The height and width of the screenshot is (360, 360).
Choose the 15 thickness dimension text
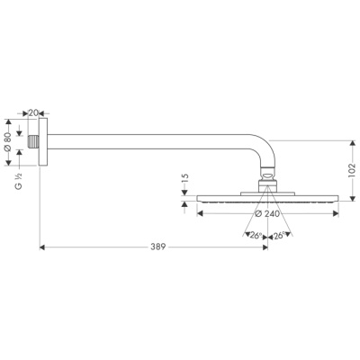(x=184, y=184)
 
